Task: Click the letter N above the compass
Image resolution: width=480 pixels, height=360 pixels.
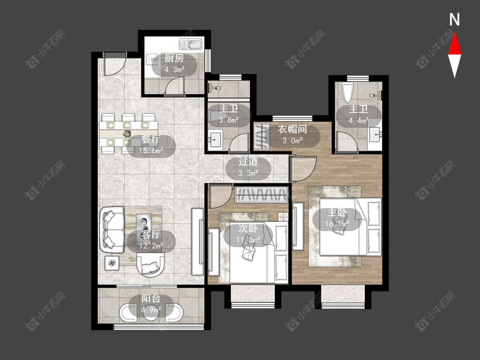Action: pyautogui.click(x=454, y=20)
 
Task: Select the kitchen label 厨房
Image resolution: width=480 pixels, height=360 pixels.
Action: pyautogui.click(x=174, y=58)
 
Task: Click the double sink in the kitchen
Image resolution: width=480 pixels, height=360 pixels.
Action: pyautogui.click(x=191, y=45)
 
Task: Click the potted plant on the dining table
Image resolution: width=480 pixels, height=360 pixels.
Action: pyautogui.click(x=126, y=134)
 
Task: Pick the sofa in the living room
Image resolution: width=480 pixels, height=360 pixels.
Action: pyautogui.click(x=112, y=229)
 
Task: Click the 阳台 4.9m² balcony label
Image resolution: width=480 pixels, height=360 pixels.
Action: pyautogui.click(x=151, y=305)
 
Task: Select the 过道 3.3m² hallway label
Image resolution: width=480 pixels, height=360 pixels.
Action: pyautogui.click(x=248, y=167)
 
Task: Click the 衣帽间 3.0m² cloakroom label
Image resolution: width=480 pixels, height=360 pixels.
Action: pyautogui.click(x=292, y=135)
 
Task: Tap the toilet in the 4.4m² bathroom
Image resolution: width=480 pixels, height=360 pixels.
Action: pyautogui.click(x=348, y=92)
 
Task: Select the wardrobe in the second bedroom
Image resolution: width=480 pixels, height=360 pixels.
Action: pyautogui.click(x=261, y=195)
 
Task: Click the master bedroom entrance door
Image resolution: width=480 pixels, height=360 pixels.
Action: pyautogui.click(x=303, y=168)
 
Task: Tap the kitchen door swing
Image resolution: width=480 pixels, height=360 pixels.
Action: pyautogui.click(x=175, y=87)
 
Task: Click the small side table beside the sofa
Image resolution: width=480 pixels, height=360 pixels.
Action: pyautogui.click(x=113, y=263)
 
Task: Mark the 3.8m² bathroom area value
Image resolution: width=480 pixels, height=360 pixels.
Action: pyautogui.click(x=229, y=120)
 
